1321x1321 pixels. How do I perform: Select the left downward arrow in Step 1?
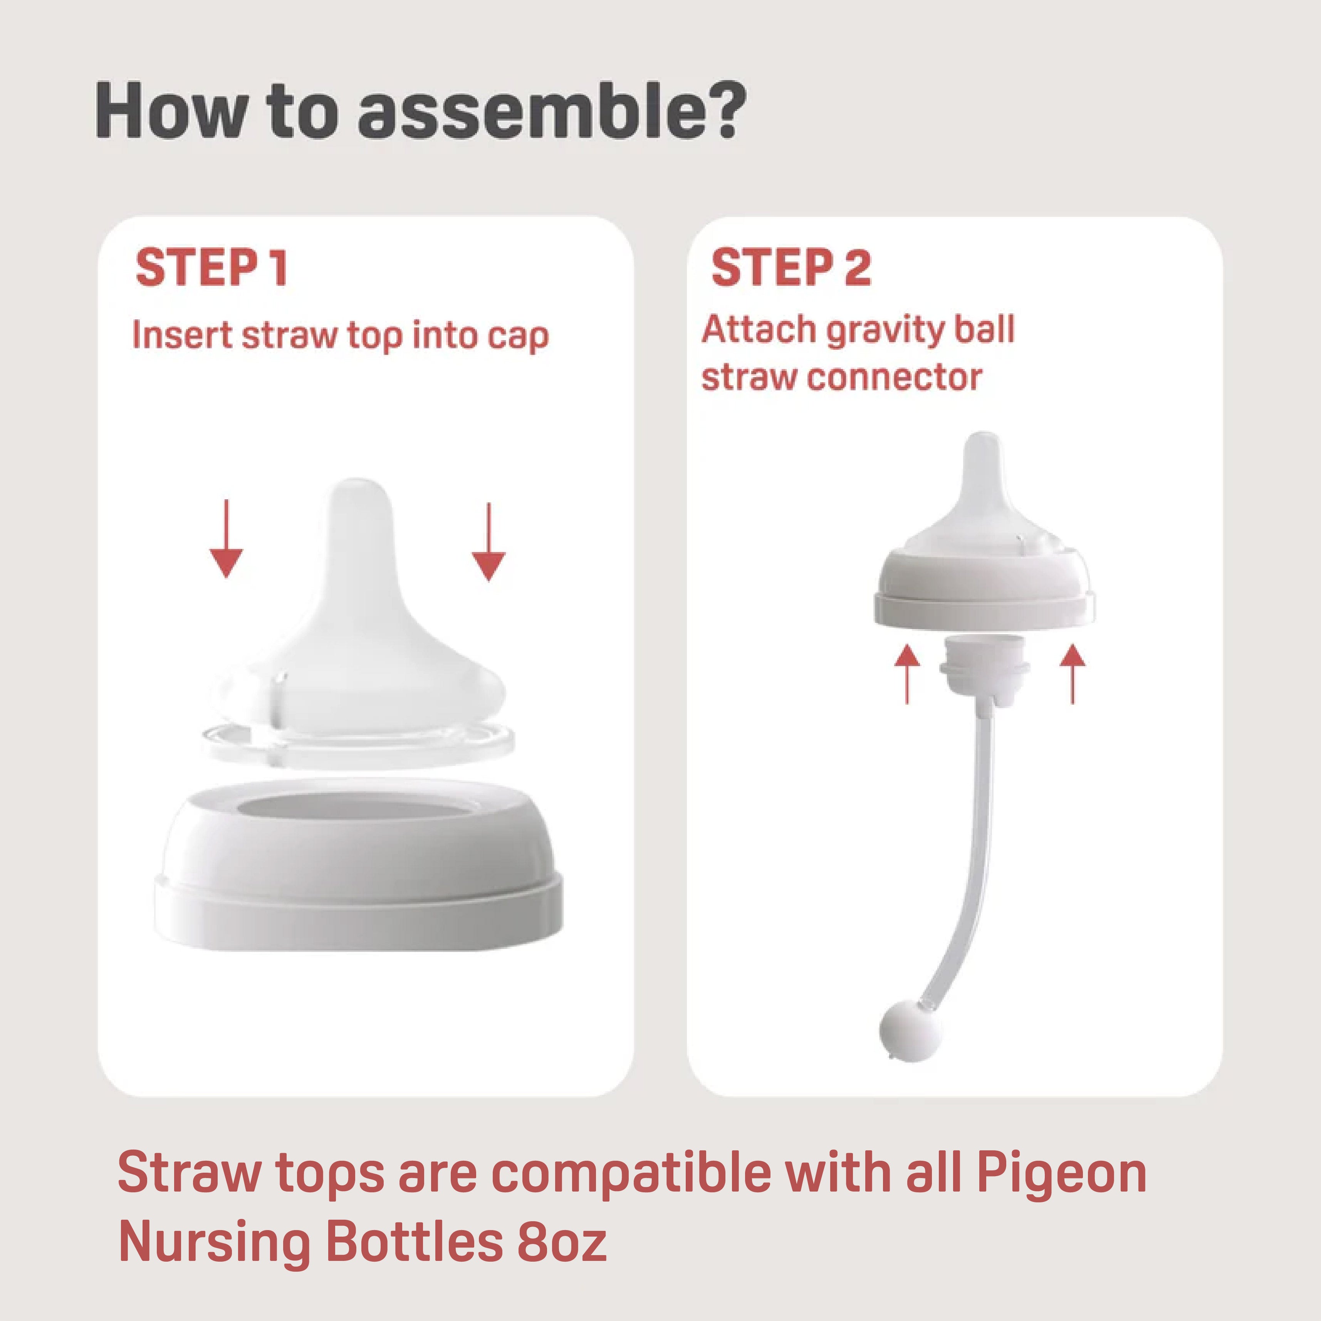click(226, 540)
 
